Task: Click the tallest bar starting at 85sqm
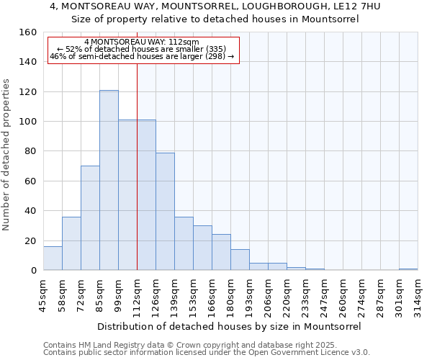(x=109, y=180)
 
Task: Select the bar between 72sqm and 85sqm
(x=90, y=218)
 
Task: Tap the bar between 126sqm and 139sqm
(x=165, y=211)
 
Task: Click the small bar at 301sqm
(x=408, y=269)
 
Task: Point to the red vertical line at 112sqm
(x=137, y=166)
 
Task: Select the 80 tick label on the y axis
(x=31, y=151)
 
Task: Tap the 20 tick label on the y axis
(x=31, y=240)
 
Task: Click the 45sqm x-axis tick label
(x=44, y=292)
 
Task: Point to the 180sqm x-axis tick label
(x=231, y=292)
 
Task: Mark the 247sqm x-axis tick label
(x=325, y=292)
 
